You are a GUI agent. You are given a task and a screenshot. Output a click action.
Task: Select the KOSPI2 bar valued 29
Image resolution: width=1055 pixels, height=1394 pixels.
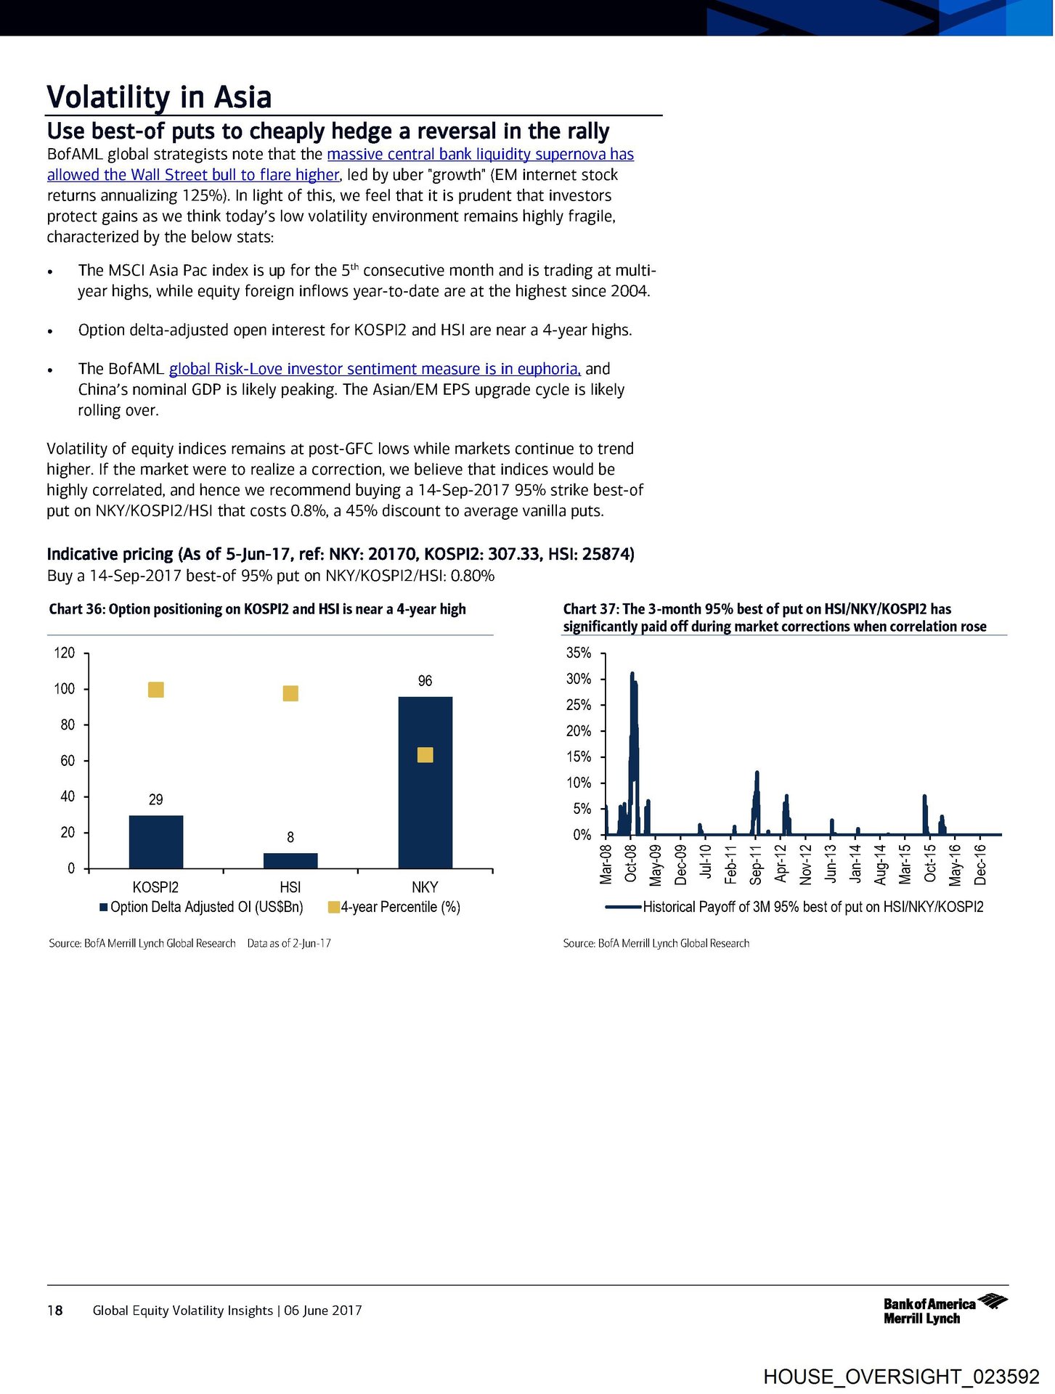[155, 841]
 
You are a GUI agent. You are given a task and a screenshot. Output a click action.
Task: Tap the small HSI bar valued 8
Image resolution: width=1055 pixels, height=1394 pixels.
[290, 860]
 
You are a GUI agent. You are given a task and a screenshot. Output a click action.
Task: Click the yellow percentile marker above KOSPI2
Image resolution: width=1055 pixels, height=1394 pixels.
[155, 689]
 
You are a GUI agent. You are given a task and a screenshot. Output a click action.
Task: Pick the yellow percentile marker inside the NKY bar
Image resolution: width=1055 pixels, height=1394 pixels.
[425, 755]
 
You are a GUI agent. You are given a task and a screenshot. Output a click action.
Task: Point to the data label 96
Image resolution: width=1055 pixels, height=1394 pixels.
[425, 681]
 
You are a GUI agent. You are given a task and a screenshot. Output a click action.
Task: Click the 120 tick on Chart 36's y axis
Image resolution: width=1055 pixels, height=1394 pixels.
[65, 653]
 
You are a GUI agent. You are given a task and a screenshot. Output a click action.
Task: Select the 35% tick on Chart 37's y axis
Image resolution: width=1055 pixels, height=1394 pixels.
[579, 653]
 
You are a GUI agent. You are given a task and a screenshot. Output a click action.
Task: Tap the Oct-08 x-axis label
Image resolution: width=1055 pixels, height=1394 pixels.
[631, 863]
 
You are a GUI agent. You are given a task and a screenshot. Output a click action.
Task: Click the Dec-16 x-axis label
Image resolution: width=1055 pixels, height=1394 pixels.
[980, 864]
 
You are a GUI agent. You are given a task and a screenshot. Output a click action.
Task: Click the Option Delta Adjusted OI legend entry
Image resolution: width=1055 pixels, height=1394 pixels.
[201, 907]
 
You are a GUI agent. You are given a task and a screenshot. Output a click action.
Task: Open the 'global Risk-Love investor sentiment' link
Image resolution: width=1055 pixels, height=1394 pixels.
[375, 369]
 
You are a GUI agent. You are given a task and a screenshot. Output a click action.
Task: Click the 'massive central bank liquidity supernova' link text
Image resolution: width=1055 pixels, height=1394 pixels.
[480, 154]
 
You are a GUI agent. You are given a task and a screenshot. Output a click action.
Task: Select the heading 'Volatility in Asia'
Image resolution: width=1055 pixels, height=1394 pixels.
[159, 97]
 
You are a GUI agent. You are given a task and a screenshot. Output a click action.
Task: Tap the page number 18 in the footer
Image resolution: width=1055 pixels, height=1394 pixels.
[54, 1310]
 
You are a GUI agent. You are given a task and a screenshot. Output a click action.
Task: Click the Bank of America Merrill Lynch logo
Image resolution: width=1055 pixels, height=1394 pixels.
[944, 1310]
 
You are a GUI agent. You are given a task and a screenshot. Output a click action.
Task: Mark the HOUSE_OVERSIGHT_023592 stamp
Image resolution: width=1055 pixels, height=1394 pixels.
[901, 1376]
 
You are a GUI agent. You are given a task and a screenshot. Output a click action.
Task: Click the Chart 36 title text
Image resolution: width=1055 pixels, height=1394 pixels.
[257, 609]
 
